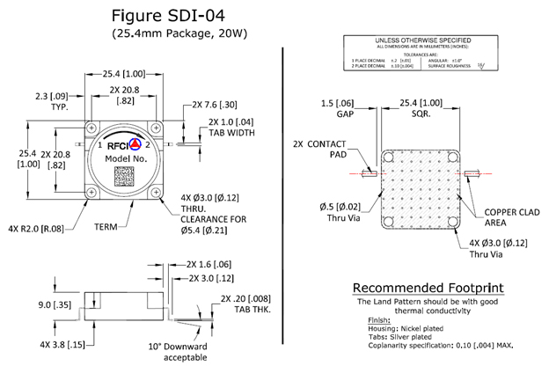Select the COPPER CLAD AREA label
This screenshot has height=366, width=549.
point(505,217)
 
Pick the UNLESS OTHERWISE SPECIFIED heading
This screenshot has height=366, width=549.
point(419,40)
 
